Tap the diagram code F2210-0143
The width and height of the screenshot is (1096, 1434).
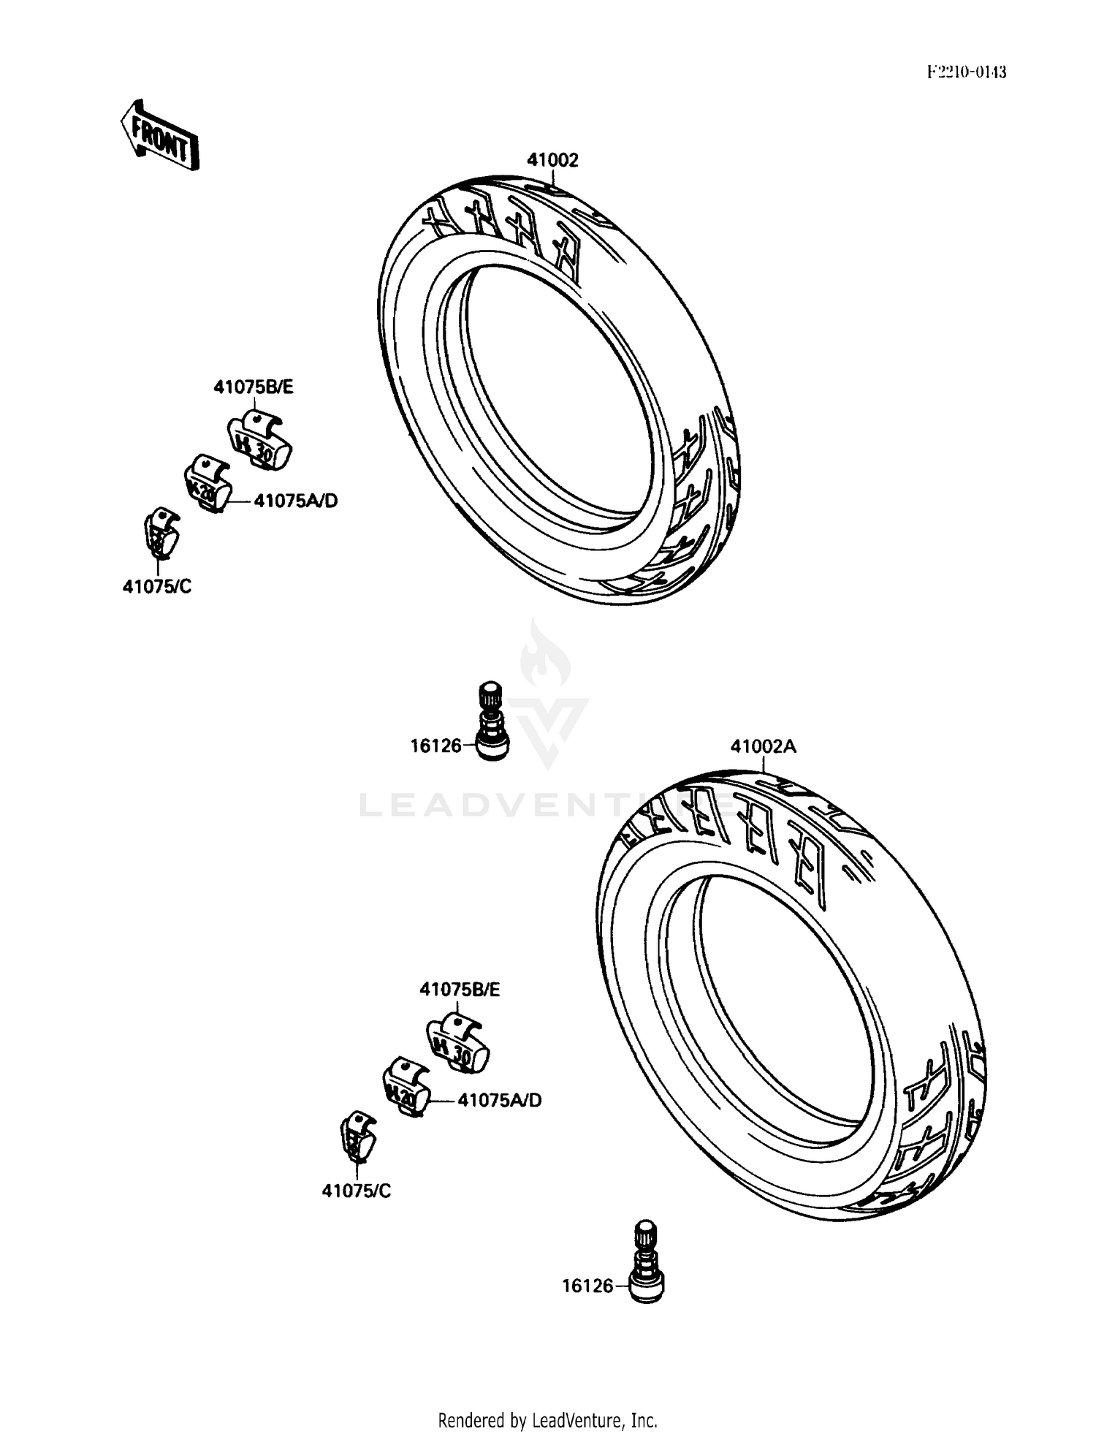966,72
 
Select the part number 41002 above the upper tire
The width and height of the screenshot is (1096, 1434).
552,160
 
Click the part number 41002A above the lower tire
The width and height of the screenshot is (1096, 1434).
764,746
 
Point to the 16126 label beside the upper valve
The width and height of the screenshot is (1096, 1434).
435,746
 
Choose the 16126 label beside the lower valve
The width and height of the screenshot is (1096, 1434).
587,1286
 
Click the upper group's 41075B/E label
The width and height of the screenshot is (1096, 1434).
254,387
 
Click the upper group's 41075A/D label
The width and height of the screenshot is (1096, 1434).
296,501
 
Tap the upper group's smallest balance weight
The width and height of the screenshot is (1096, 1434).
161,533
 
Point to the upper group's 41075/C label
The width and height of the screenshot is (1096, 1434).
157,587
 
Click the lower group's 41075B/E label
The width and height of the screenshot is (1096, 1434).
460,990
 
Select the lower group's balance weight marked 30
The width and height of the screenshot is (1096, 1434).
458,1041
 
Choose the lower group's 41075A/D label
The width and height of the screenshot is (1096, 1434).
500,1100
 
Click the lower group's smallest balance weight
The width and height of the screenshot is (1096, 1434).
358,1137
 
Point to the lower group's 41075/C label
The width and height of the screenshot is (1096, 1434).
357,1191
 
